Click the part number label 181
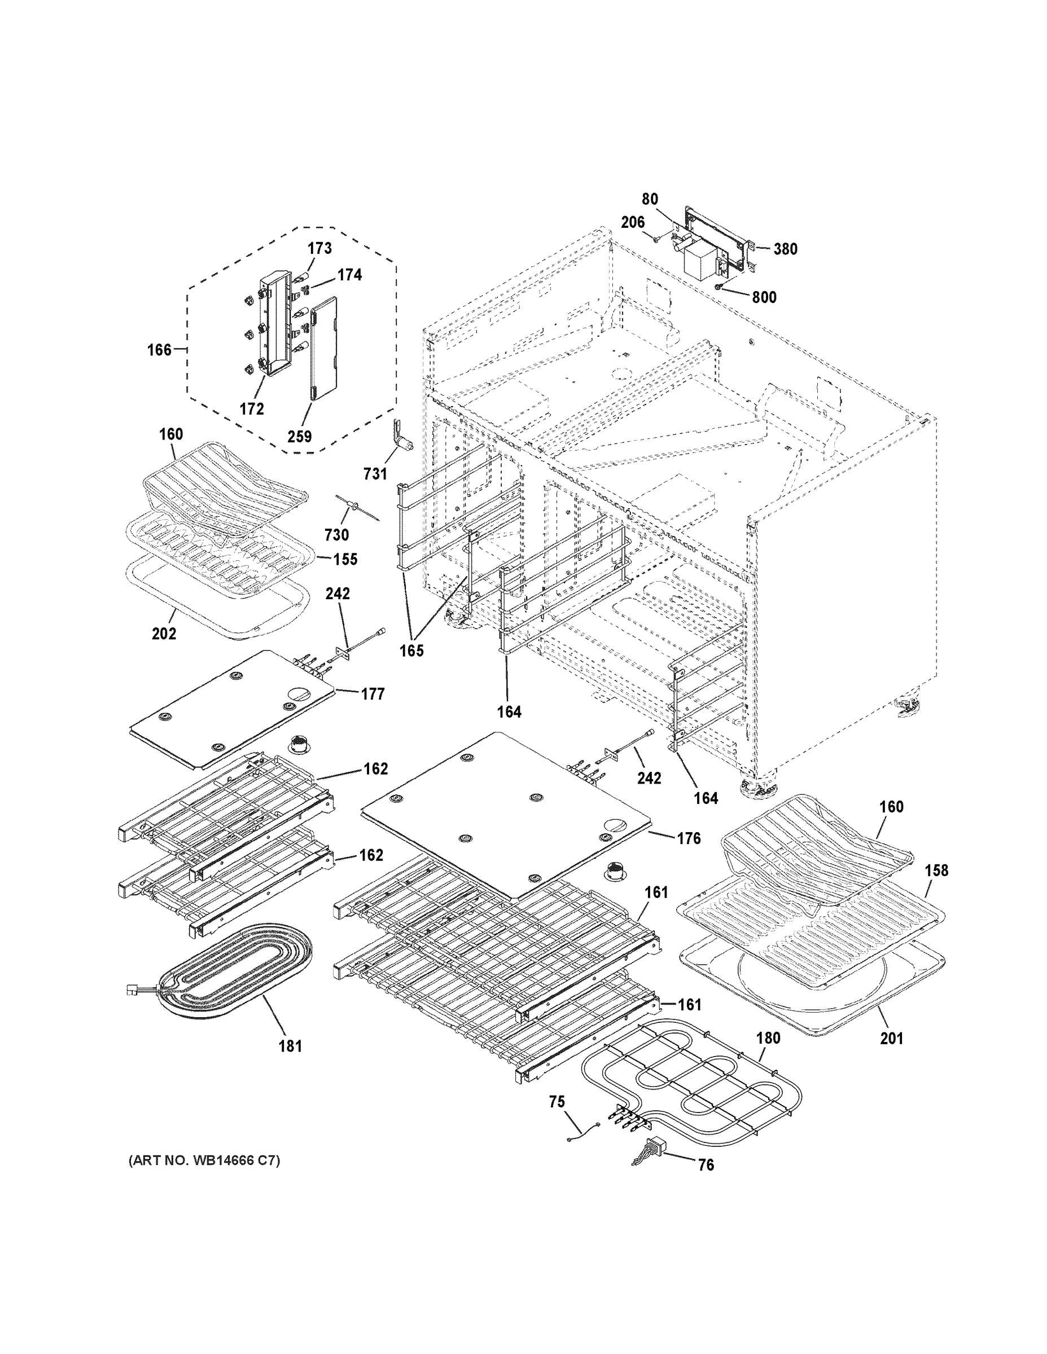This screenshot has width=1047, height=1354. [290, 1047]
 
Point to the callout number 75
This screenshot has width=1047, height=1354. [557, 1102]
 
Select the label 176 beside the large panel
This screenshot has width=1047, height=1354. [689, 839]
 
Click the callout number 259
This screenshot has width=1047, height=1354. [299, 437]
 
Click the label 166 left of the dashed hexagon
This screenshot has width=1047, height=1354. [159, 350]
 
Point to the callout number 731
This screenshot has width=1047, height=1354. [375, 474]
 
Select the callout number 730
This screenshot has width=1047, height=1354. [337, 534]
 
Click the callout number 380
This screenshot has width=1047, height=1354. [785, 249]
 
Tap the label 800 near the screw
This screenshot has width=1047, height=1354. [764, 297]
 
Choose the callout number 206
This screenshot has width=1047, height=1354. [633, 222]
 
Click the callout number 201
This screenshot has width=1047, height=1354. [891, 1038]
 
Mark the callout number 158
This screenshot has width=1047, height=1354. [936, 871]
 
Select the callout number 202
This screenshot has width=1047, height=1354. [164, 634]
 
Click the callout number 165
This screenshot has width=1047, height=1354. [411, 651]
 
